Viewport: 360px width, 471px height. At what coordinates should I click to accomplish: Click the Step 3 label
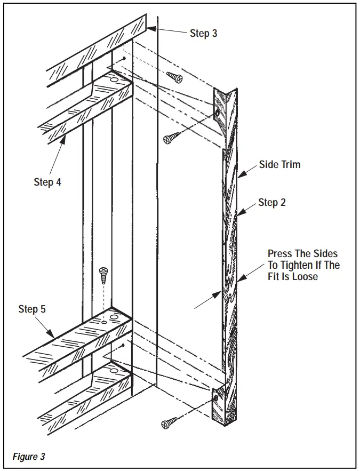tap(203, 33)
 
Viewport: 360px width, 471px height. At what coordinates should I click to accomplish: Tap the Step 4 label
tap(47, 182)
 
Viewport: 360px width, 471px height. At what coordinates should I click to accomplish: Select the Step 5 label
tap(32, 309)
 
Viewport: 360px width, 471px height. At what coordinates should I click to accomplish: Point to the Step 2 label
tap(272, 202)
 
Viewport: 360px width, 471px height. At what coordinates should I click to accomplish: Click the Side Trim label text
tap(279, 165)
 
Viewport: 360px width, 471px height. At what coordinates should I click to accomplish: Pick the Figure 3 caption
tap(29, 457)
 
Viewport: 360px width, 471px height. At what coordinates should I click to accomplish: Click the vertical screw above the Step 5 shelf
tap(103, 276)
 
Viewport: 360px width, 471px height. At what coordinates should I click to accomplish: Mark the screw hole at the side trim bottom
tap(216, 398)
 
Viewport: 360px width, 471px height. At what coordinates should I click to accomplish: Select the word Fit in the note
tap(275, 277)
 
